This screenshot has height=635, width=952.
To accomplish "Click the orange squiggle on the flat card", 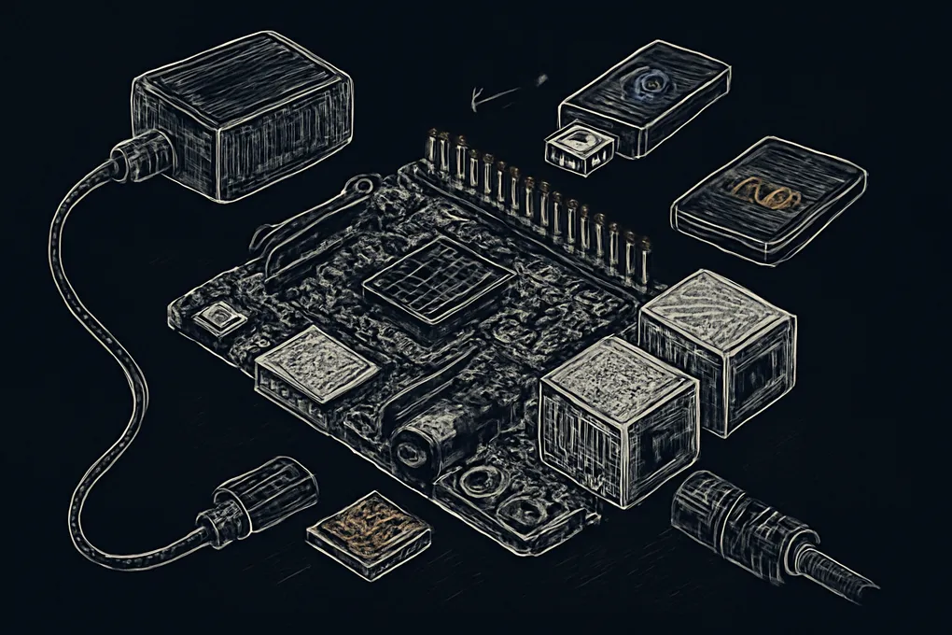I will coord(764,194).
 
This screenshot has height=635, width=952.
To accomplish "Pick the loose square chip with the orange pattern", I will coord(370,529).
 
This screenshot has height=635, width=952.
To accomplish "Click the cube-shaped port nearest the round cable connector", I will coord(618,422).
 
